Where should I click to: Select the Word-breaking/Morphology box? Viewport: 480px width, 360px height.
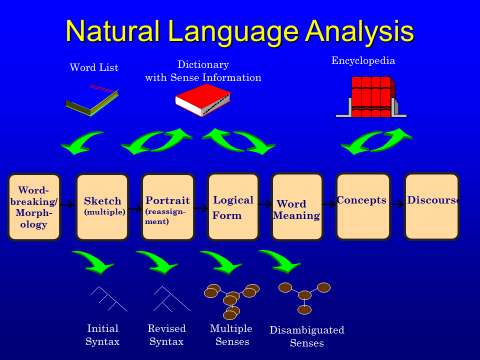(x=34, y=207)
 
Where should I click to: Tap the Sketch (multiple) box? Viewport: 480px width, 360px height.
(x=102, y=207)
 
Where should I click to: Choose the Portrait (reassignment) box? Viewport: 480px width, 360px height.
(x=167, y=207)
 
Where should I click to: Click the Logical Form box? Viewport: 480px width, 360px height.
(x=233, y=207)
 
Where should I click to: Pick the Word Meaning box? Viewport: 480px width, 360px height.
(x=297, y=207)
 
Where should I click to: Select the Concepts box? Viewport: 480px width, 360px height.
(x=362, y=206)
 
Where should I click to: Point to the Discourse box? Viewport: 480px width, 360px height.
(x=432, y=206)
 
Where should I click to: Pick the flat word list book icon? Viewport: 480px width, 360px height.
(x=92, y=99)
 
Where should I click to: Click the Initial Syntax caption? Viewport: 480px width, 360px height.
(x=103, y=334)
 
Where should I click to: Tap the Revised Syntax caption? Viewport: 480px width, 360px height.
(x=166, y=334)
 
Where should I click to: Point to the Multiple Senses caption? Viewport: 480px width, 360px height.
(x=231, y=334)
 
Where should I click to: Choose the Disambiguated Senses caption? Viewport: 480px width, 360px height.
(x=307, y=336)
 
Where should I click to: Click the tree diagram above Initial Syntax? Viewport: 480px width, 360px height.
(x=108, y=299)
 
